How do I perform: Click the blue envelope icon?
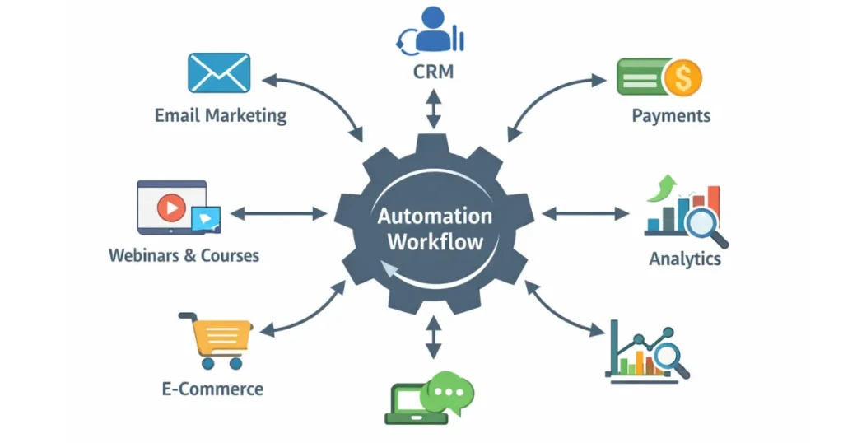pyautogui.click(x=218, y=72)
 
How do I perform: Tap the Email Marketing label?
pyautogui.click(x=221, y=114)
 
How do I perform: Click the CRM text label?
pyautogui.click(x=433, y=72)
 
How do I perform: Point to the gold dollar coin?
pyautogui.click(x=683, y=78)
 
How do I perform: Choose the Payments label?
pyautogui.click(x=671, y=114)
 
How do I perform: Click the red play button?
pyautogui.click(x=170, y=208)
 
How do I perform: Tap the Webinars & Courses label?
pyautogui.click(x=184, y=255)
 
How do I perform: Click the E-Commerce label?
pyautogui.click(x=212, y=388)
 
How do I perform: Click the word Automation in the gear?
pyautogui.click(x=435, y=217)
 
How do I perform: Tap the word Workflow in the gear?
pyautogui.click(x=435, y=243)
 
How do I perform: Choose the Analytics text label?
pyautogui.click(x=685, y=259)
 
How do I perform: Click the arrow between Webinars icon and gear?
pyautogui.click(x=278, y=214)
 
